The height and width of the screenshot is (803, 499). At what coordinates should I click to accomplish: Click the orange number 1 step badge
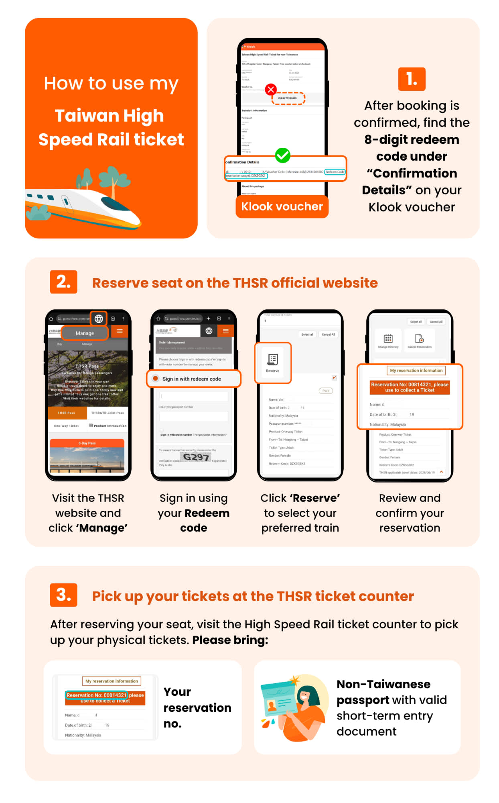point(411,79)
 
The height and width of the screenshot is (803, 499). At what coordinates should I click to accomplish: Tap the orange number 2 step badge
point(63,282)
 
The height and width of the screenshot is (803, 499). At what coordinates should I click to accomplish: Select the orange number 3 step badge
point(63,595)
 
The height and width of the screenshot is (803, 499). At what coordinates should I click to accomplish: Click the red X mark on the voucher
point(271,89)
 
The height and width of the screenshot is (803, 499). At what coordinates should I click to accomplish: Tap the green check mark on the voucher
point(282,155)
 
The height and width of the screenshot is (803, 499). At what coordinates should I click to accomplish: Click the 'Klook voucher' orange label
point(282,206)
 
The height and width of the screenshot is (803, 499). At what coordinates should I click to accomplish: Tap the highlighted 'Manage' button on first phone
point(85,333)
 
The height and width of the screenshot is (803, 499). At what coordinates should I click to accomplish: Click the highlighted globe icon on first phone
point(99,319)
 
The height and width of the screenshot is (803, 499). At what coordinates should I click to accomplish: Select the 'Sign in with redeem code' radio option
point(156,379)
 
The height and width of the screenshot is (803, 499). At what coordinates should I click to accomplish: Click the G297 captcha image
point(196,457)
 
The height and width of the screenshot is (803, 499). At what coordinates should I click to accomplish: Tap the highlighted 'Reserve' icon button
point(273,363)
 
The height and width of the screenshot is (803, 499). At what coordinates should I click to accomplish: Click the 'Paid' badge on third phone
point(326,391)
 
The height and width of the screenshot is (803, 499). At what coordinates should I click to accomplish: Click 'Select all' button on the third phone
point(307,334)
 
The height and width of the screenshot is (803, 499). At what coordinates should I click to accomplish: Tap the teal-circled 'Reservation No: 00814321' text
point(96,695)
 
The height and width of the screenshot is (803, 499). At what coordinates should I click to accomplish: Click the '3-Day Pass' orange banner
point(87,443)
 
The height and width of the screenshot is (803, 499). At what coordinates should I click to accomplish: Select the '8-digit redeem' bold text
point(412,140)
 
